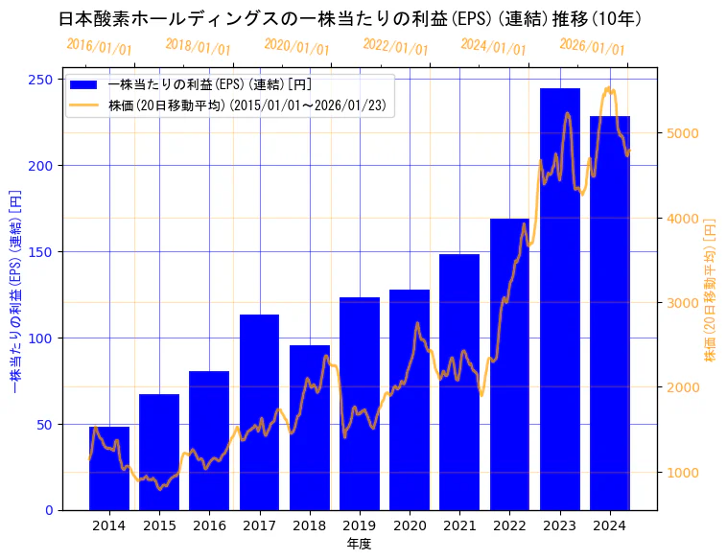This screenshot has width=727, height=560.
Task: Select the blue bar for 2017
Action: click(x=259, y=412)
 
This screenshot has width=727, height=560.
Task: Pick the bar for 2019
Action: click(x=360, y=403)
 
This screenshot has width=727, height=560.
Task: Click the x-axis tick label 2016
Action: click(x=209, y=525)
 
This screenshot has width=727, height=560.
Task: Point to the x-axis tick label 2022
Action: click(x=509, y=525)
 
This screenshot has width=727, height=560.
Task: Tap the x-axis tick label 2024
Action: click(x=610, y=525)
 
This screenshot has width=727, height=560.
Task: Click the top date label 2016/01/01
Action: click(x=99, y=47)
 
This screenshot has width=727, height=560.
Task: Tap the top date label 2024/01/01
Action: click(x=493, y=46)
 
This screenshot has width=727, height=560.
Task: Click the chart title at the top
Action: click(x=350, y=18)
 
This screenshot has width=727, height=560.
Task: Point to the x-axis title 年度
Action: click(x=359, y=544)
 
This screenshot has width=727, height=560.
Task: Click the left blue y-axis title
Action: click(x=14, y=293)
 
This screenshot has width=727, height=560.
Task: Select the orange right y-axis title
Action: click(x=711, y=293)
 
